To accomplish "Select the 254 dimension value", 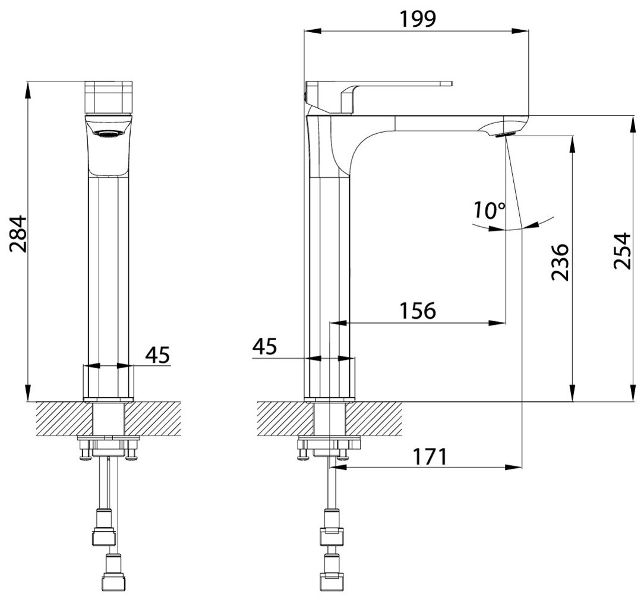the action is click(x=623, y=250).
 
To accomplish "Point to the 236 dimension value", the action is click(x=561, y=261).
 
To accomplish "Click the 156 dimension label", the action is click(x=416, y=309).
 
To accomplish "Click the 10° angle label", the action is click(x=489, y=210).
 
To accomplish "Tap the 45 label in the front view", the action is click(x=157, y=355).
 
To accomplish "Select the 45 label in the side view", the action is click(x=264, y=346).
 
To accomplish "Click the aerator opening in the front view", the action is click(x=108, y=133).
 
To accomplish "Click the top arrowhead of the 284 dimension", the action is click(x=28, y=87).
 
